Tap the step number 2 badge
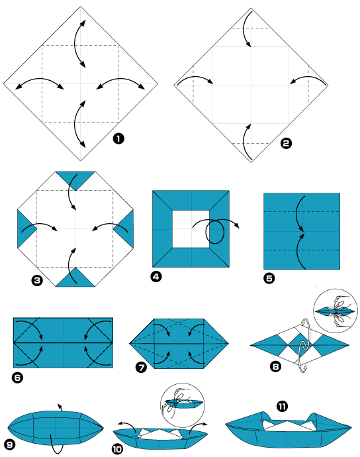(287, 142)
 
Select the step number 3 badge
(37, 281)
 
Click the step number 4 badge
(156, 278)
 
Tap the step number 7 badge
(141, 366)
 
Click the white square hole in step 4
(191, 229)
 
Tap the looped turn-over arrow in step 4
(216, 232)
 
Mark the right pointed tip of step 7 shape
(227, 343)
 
